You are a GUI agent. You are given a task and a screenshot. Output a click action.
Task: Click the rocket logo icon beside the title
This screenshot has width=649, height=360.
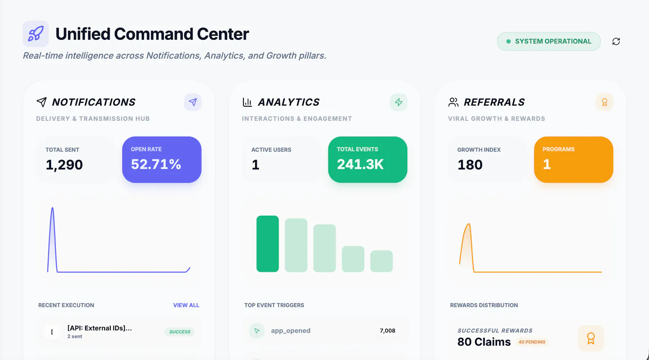[36, 34]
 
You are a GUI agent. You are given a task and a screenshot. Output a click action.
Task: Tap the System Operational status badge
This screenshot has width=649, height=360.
[549, 41]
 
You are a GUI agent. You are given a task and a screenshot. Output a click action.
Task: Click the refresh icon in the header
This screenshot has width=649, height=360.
[616, 41]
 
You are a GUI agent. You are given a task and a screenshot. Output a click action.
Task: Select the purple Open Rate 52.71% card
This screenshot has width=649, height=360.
[162, 160]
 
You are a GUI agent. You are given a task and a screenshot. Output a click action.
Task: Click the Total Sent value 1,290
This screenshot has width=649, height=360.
[64, 165]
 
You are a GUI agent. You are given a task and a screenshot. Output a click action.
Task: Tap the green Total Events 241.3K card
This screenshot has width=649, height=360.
[367, 160]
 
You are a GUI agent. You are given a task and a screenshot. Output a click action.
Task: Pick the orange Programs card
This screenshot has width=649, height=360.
[574, 160]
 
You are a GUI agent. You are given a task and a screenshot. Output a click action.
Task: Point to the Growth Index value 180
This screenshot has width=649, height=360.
[470, 165]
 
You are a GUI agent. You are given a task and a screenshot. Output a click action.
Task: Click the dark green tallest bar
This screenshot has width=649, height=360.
[267, 244]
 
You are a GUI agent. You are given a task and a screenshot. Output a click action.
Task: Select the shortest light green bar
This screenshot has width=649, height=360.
[382, 261]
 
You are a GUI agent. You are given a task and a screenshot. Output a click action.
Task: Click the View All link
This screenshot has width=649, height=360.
[186, 305]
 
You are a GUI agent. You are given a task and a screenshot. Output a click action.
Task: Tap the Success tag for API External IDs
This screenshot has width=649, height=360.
[180, 332]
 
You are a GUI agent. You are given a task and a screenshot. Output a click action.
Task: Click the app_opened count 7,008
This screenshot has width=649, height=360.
[387, 330]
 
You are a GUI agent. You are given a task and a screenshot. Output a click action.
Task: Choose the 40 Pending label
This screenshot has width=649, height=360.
[532, 342]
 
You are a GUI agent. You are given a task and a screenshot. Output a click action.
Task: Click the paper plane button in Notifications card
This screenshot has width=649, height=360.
[193, 102]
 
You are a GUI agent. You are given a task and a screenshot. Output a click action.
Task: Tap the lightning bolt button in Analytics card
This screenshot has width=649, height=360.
[399, 102]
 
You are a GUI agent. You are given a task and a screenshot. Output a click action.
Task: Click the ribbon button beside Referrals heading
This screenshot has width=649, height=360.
[604, 102]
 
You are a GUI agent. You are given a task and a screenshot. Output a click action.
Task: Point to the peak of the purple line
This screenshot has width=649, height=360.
[52, 208]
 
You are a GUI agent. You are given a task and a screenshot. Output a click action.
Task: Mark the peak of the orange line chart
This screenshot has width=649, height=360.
[469, 224]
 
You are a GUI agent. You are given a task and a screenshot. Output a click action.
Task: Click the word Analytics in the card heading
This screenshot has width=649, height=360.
[288, 102]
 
